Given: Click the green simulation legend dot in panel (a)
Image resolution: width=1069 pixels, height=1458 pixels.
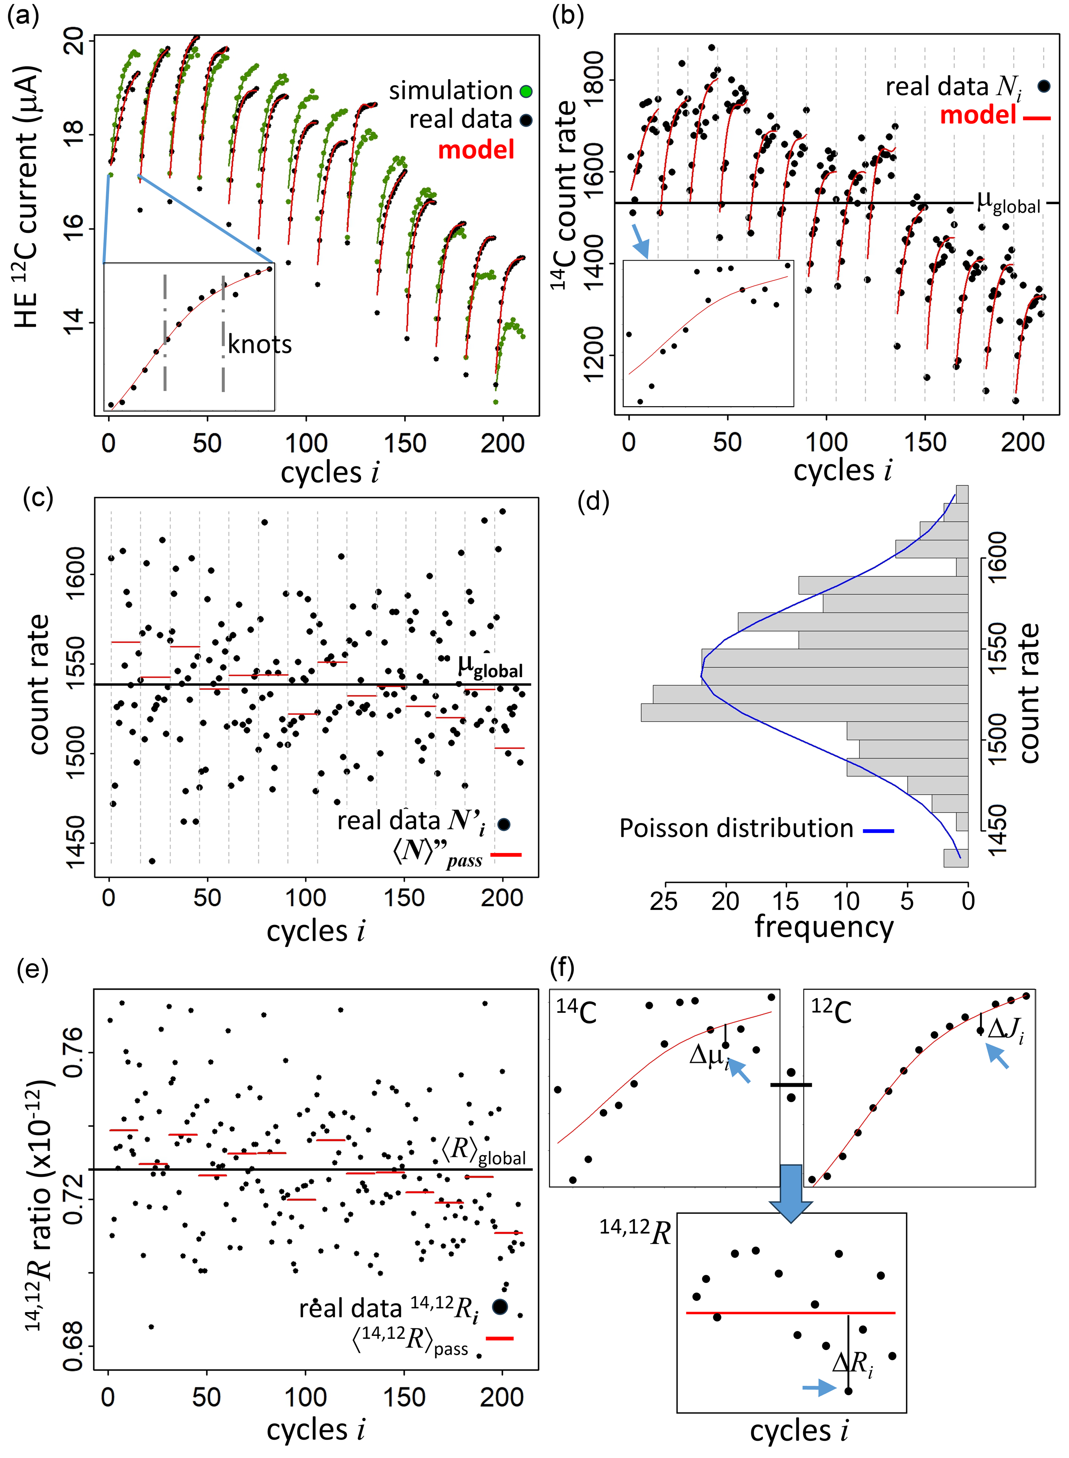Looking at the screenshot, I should click(x=526, y=91).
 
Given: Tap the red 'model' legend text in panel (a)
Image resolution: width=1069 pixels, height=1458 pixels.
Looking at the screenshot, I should click(x=476, y=150).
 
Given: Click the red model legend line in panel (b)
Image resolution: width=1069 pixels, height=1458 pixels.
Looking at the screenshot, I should click(x=1037, y=118).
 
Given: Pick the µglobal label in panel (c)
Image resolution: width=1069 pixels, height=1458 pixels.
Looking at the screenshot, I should click(x=490, y=666).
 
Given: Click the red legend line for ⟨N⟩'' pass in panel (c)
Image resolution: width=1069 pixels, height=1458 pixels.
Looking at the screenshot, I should click(x=506, y=855).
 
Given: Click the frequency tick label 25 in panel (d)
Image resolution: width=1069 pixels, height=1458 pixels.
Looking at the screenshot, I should click(x=664, y=900).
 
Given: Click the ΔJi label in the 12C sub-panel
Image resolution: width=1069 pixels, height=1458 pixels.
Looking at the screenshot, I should click(x=1005, y=1028).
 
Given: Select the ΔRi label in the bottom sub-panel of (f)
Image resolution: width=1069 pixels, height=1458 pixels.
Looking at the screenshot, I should click(x=853, y=1363).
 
